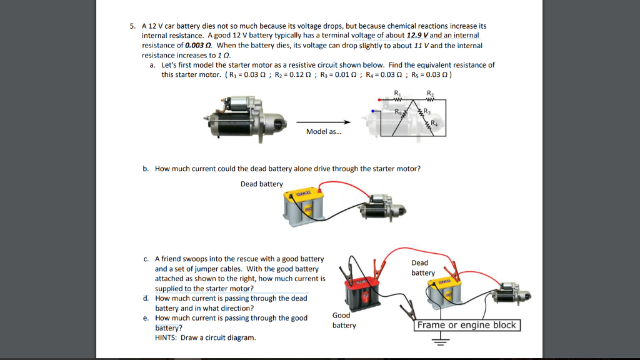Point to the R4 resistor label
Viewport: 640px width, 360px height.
pos(434,123)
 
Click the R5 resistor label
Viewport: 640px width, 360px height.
pos(397,112)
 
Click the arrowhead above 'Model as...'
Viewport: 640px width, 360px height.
pos(343,122)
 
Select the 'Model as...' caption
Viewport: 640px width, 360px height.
pos(324,132)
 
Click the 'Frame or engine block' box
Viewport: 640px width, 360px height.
pos(467,325)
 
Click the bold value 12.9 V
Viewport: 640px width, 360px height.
pos(417,36)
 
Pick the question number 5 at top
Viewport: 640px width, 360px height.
pos(132,26)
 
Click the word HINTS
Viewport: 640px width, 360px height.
pos(166,337)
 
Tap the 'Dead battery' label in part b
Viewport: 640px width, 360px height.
pos(261,184)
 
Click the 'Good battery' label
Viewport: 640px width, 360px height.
pos(344,320)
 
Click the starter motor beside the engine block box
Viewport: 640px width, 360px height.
pos(510,294)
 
